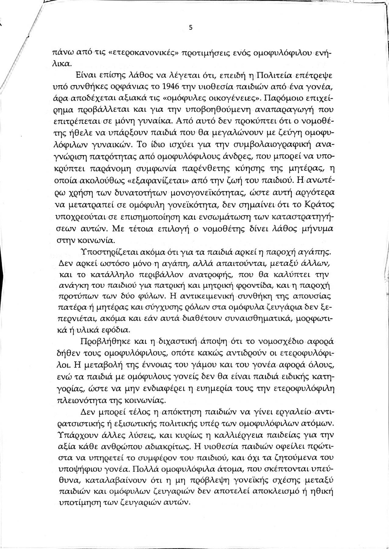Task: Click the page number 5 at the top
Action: pos(190,27)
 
